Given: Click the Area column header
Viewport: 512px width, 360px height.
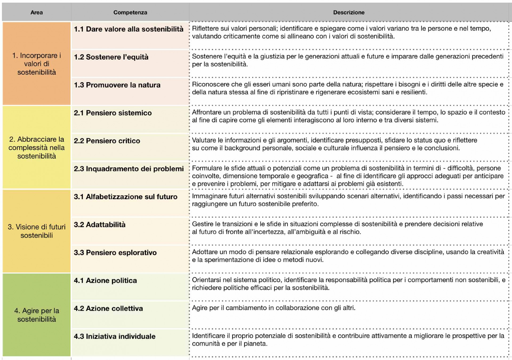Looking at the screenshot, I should coord(37,12).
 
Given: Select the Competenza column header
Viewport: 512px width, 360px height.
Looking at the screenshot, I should coord(130,12).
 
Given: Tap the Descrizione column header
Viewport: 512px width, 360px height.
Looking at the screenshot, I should coord(349,12).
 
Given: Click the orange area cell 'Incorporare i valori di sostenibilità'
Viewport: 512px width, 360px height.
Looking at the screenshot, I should coord(37,64).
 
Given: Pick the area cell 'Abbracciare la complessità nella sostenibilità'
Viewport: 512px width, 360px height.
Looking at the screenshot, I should coord(37,148).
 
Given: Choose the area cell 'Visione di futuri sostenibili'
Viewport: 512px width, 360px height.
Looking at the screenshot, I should coord(37,231).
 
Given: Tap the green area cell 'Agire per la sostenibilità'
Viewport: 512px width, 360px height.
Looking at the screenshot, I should coord(37,315).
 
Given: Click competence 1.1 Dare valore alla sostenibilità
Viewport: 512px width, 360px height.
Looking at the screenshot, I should coord(129,29).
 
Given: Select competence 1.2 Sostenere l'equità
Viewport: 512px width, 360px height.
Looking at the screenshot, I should coord(111,57).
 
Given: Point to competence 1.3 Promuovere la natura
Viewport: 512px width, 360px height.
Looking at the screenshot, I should coord(117,85).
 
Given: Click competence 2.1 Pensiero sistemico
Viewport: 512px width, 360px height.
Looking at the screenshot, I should coord(113,113).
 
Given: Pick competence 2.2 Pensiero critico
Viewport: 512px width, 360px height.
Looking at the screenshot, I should coord(107,141).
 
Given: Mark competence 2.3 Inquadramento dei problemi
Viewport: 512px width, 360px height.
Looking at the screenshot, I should coord(129,169).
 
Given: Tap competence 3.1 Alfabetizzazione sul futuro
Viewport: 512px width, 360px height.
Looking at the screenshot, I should coord(125,197).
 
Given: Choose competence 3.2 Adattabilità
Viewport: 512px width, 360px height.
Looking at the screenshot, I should coord(99,225).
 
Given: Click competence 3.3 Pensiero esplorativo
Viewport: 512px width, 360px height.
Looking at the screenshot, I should coord(115,253).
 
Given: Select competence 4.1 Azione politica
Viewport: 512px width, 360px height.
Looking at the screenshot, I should coord(105,280).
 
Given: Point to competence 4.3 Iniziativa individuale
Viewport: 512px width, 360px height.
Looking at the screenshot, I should coord(114,337).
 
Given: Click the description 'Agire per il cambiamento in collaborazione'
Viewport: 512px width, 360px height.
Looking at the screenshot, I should coord(273,308).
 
